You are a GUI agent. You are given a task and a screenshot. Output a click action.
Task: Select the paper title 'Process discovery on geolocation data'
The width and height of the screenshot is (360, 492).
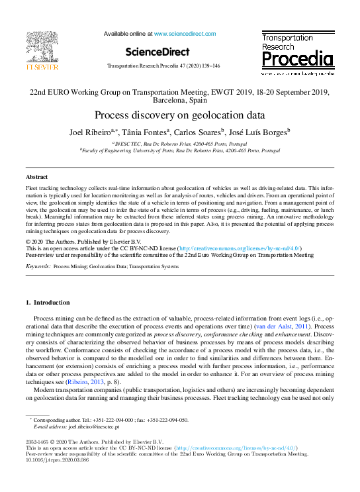click(x=179, y=114)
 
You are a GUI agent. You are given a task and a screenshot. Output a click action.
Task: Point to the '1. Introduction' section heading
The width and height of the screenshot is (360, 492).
click(x=51, y=303)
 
